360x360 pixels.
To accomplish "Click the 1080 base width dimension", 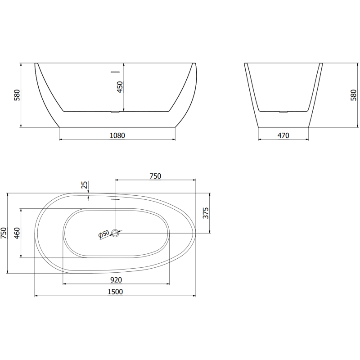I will pyautogui.click(x=117, y=135).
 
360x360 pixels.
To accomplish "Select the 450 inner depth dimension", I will pyautogui.click(x=120, y=87).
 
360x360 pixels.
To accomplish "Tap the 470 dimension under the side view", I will pyautogui.click(x=283, y=135).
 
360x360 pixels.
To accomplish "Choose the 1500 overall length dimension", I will pyautogui.click(x=116, y=292).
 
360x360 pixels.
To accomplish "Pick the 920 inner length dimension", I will pyautogui.click(x=116, y=279).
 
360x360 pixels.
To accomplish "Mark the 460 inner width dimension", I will pyautogui.click(x=17, y=234).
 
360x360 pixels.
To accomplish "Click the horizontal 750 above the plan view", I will pyautogui.click(x=155, y=176).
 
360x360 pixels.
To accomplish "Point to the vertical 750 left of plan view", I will pyautogui.click(x=4, y=233).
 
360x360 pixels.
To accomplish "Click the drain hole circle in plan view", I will pyautogui.click(x=116, y=233).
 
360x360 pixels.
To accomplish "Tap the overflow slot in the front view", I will pyautogui.click(x=115, y=71).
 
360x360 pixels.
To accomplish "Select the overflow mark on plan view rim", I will pyautogui.click(x=115, y=198).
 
